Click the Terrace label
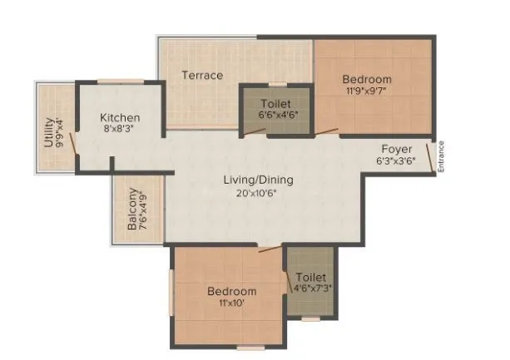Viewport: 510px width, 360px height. [202, 76]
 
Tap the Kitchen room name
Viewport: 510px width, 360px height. [119, 118]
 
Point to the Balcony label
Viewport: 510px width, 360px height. [132, 212]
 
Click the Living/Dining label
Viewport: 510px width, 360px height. [258, 180]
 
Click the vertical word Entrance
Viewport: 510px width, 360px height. [442, 156]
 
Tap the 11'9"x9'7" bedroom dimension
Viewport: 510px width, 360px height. [367, 92]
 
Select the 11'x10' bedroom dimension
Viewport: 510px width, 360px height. [231, 303]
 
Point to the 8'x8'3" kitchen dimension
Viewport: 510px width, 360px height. [119, 130]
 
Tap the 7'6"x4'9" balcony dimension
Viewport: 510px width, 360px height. [144, 212]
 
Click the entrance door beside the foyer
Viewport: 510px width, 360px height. [433, 157]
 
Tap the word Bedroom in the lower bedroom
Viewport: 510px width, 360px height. [231, 292]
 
